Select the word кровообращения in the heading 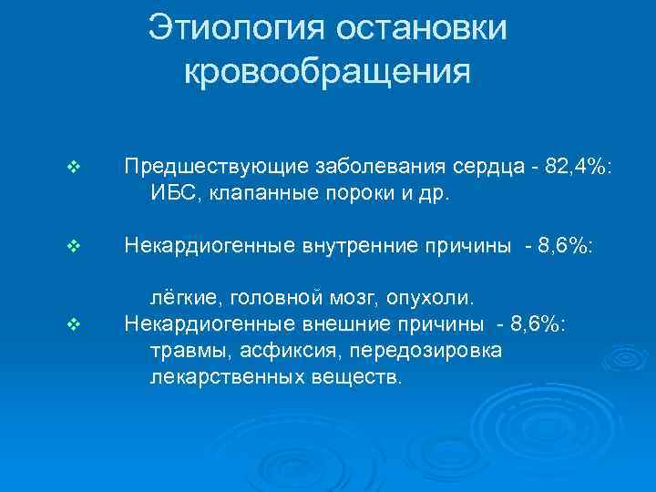[328, 69]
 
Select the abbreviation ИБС [170, 193]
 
